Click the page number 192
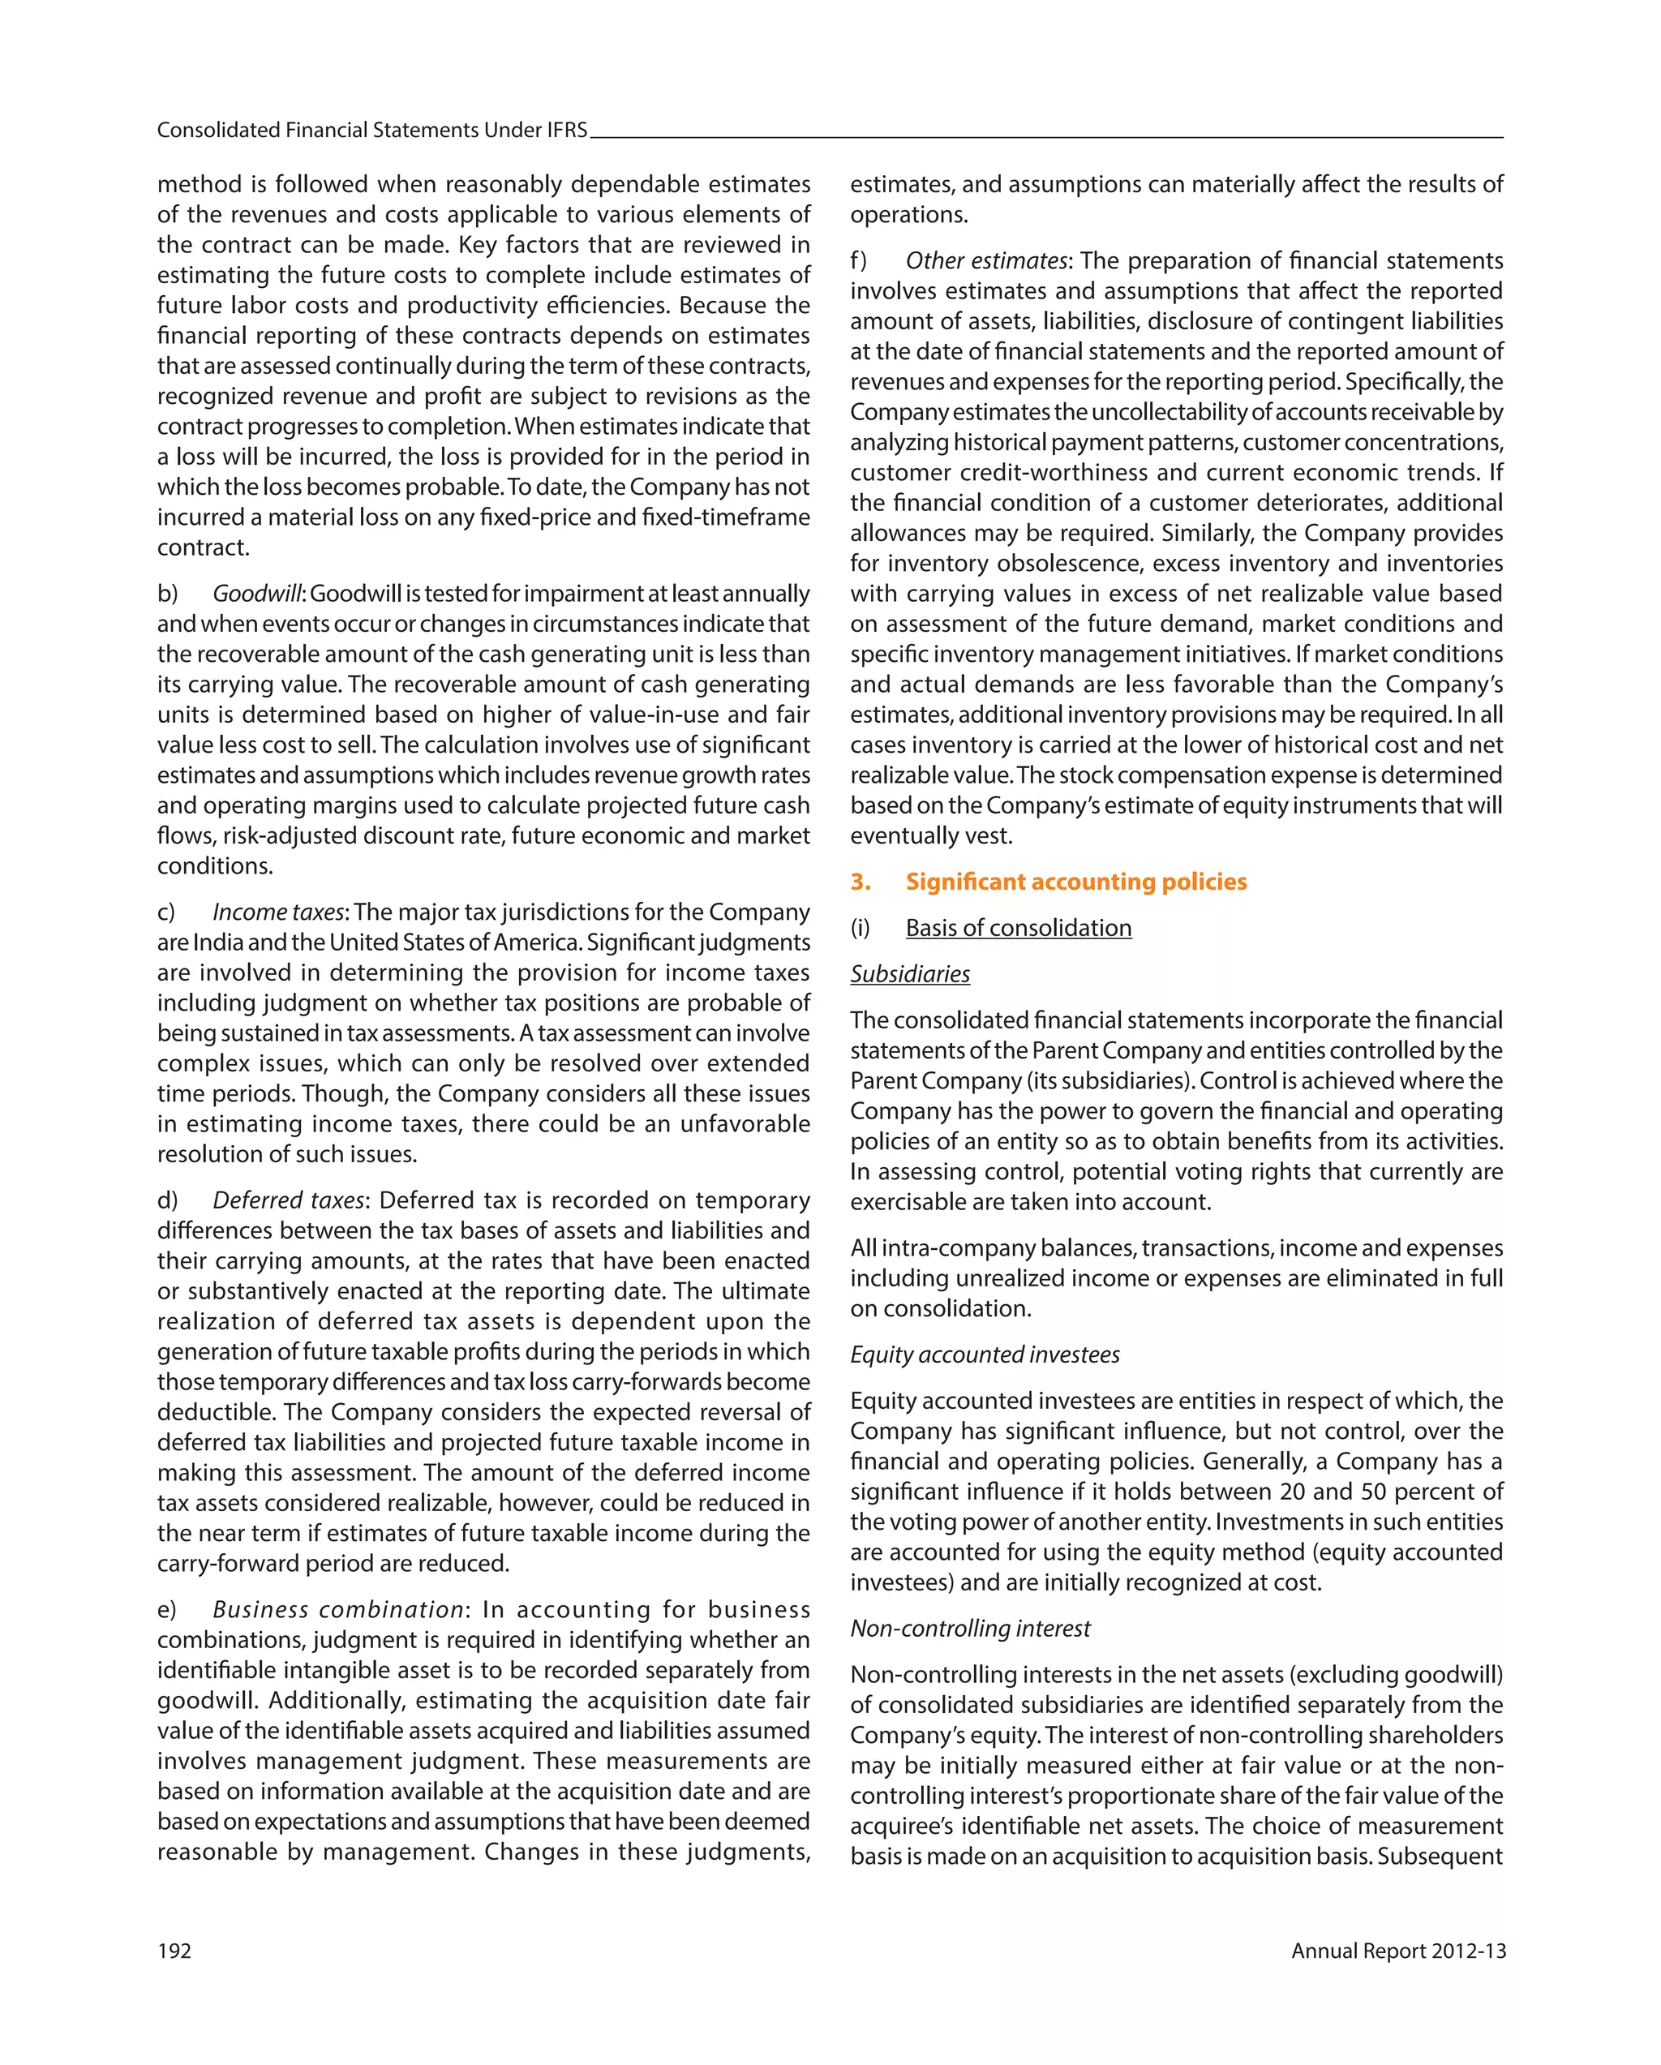pyautogui.click(x=174, y=1951)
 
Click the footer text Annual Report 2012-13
pyautogui.click(x=1397, y=1951)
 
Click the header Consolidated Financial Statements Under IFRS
pyautogui.click(x=371, y=131)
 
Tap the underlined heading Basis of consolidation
pyautogui.click(x=1018, y=927)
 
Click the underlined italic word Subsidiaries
pyautogui.click(x=910, y=974)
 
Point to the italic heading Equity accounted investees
pyautogui.click(x=985, y=1354)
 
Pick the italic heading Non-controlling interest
pyautogui.click(x=970, y=1629)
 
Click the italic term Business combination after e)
pyautogui.click(x=338, y=1609)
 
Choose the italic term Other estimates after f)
pyautogui.click(x=985, y=260)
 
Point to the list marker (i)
pyautogui.click(x=861, y=927)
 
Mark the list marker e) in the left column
pyautogui.click(x=168, y=1609)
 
